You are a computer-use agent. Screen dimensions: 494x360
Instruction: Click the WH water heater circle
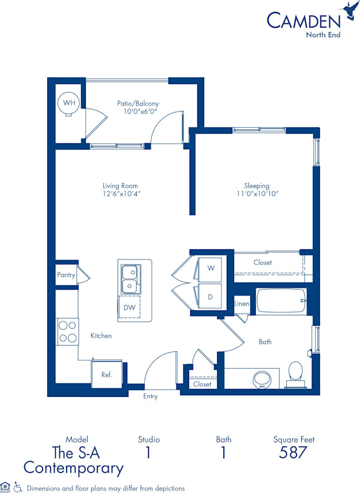point(70,103)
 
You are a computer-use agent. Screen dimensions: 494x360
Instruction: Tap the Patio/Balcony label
point(137,103)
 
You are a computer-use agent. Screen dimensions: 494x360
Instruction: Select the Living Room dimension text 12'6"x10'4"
point(121,194)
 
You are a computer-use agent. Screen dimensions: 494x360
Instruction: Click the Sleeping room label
point(257,185)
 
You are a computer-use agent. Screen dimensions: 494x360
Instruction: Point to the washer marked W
point(210,268)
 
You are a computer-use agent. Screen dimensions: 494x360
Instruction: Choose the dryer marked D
point(210,296)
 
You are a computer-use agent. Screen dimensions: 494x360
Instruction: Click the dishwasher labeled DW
point(129,307)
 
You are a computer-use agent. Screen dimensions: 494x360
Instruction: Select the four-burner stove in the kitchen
point(67,331)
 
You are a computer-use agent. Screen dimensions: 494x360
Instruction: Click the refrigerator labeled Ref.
point(106,375)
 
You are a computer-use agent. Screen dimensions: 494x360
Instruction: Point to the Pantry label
point(67,275)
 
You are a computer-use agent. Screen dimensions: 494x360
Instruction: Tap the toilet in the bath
point(295,371)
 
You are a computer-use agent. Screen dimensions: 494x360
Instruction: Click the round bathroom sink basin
point(262,379)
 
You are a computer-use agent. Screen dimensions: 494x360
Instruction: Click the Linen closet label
point(242,304)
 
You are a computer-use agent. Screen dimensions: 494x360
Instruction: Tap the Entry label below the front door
point(151,396)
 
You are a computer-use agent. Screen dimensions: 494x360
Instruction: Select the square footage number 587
point(293,453)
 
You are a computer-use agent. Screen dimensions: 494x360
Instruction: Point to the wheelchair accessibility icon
point(18,488)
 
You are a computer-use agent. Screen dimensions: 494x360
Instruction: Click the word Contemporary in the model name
point(74,468)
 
